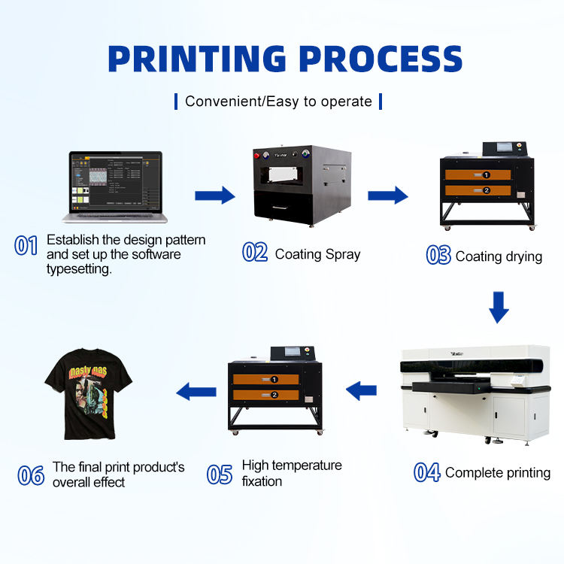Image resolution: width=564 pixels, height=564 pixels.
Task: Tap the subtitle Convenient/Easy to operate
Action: [278, 101]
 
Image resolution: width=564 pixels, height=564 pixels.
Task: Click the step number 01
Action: [26, 245]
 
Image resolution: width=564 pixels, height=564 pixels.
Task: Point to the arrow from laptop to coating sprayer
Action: [214, 196]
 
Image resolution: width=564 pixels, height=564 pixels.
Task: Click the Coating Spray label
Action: [317, 254]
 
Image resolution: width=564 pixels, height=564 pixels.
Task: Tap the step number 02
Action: [255, 253]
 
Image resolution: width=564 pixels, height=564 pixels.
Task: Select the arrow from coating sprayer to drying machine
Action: [387, 196]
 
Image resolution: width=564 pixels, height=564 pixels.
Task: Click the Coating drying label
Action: [499, 256]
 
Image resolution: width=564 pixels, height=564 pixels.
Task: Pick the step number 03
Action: [438, 256]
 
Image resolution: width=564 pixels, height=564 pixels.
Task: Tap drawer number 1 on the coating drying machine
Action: [486, 174]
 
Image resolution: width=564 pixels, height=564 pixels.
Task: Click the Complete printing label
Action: [498, 473]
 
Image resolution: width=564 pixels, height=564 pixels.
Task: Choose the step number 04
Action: [427, 472]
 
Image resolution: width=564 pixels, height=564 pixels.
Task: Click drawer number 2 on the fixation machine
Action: [274, 395]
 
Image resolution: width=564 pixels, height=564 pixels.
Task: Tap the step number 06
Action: [31, 475]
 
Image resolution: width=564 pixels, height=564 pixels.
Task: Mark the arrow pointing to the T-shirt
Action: [196, 390]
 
